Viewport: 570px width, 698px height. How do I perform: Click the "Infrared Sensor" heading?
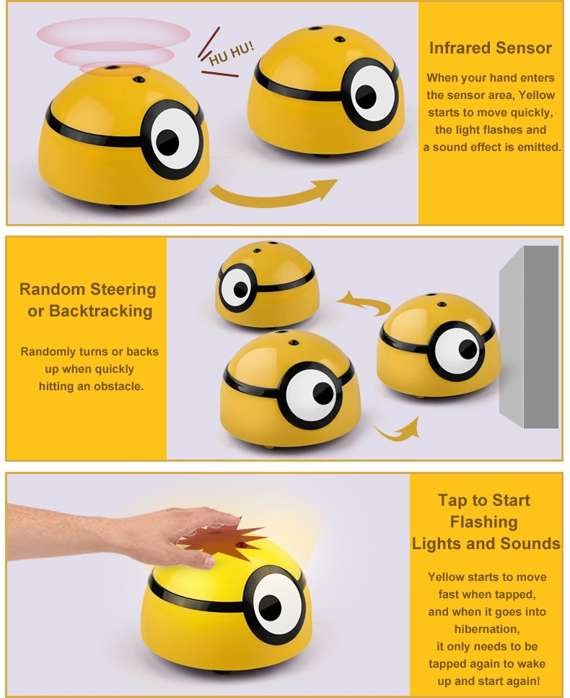pyautogui.click(x=490, y=48)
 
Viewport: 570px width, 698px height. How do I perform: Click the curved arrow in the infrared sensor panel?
pyautogui.click(x=274, y=192)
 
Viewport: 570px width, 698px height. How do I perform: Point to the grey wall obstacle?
pyautogui.click(x=530, y=336)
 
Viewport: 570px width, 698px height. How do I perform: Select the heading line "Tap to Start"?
pyautogui.click(x=483, y=500)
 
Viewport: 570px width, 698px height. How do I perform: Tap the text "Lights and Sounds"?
pyautogui.click(x=486, y=543)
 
